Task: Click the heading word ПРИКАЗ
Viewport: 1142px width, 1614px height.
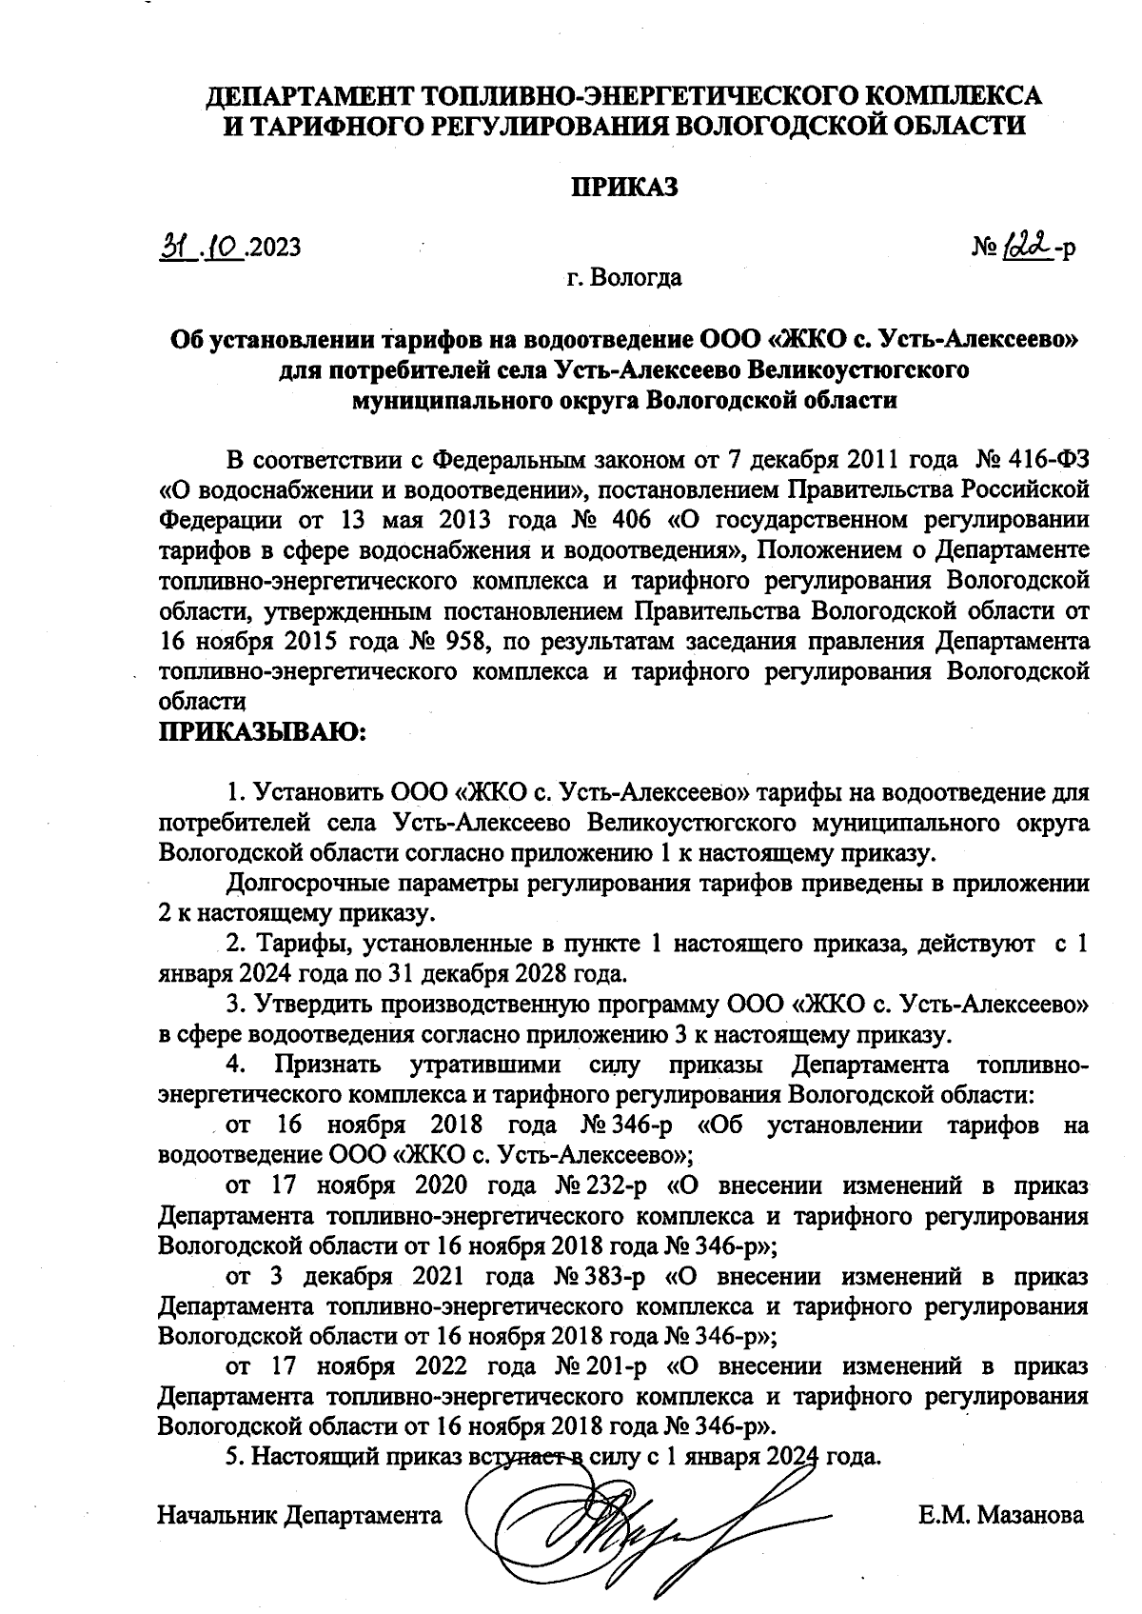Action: click(623, 188)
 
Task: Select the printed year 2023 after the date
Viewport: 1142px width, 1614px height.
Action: click(275, 248)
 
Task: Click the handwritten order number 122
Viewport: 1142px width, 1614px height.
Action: click(1023, 246)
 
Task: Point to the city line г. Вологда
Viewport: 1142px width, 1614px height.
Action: click(623, 278)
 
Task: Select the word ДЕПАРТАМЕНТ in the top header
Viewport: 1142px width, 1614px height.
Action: click(311, 95)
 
